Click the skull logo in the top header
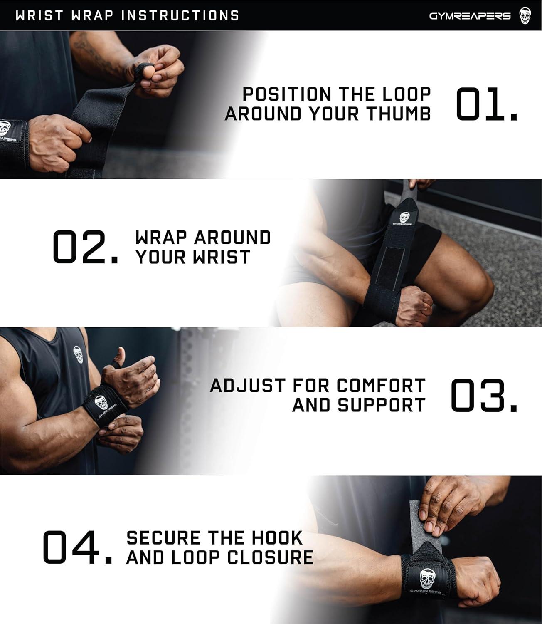coord(525,16)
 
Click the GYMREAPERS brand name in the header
coord(470,16)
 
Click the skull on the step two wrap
coord(404,218)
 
